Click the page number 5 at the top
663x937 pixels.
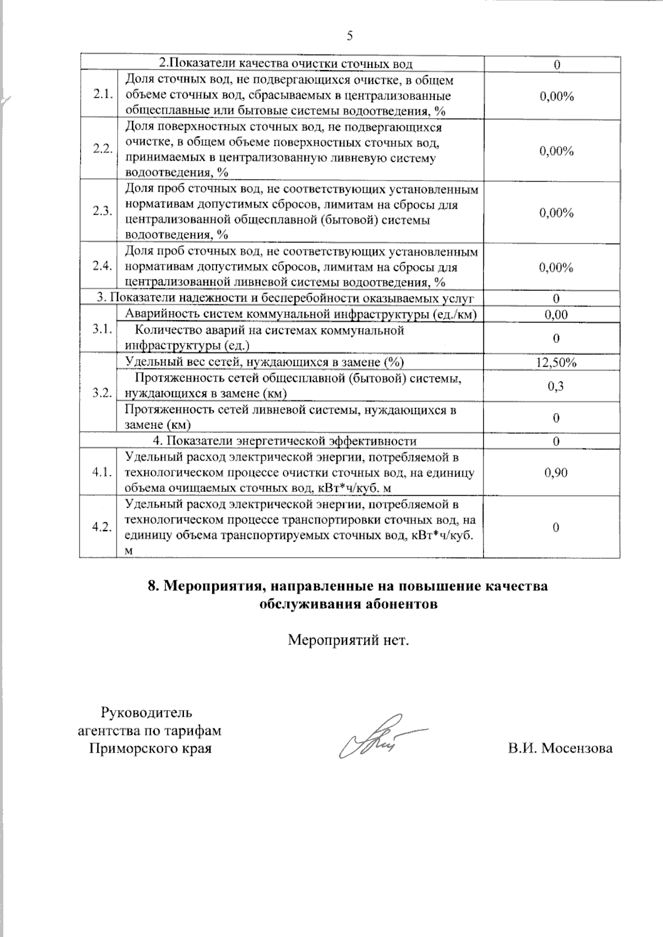[349, 36]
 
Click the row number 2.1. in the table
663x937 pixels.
[103, 94]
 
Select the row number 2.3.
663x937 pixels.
[103, 211]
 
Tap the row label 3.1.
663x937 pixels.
[103, 329]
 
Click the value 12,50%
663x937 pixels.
[556, 363]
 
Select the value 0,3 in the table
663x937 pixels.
[556, 386]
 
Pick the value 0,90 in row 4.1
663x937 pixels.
[556, 473]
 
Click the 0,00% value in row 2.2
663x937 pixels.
[556, 151]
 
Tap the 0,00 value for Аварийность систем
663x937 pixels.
[556, 315]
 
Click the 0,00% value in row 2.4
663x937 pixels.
[556, 268]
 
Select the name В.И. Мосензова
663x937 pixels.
[560, 749]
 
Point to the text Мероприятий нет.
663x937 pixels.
[349, 640]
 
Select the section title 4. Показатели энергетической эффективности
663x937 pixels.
[284, 441]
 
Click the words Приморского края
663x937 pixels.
[150, 749]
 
